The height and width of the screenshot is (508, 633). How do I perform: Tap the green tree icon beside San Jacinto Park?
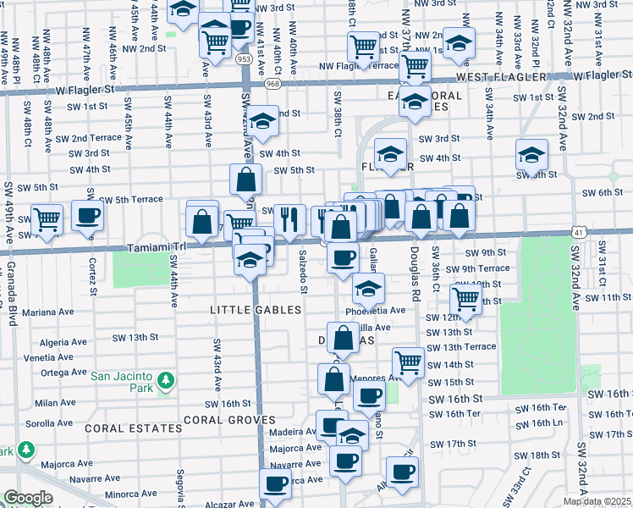(167, 378)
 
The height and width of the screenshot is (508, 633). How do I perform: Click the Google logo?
(29, 498)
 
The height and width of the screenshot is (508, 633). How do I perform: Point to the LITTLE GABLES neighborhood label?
(256, 310)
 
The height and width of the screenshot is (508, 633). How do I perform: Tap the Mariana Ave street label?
(44, 312)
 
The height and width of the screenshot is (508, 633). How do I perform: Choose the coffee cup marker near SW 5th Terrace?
(87, 218)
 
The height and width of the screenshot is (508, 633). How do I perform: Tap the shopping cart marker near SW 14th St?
(409, 363)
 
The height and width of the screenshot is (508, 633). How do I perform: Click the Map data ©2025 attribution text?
(597, 501)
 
